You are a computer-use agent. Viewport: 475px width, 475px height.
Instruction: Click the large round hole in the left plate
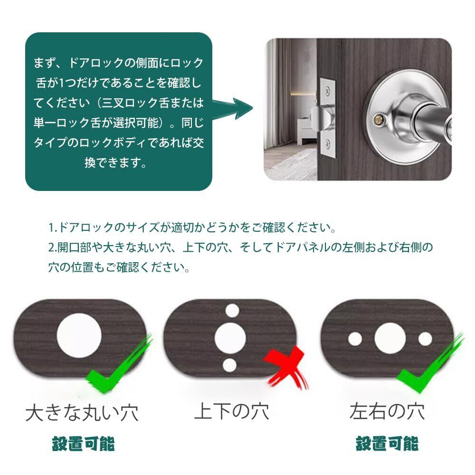point(79,336)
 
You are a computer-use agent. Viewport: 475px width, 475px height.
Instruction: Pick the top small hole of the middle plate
point(232,311)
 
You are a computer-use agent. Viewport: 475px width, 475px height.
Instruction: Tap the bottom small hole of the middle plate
point(229,365)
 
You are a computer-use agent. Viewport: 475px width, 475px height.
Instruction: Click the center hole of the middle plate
point(230,338)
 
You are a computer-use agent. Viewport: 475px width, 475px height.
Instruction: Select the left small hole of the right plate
point(355,339)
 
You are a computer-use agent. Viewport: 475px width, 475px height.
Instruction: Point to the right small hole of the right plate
point(425,339)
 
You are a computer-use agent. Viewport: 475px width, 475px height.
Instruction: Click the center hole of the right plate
point(390,338)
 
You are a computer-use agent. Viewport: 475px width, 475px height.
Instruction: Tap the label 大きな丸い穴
point(82,412)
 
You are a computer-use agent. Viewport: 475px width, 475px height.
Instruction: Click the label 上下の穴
point(232,411)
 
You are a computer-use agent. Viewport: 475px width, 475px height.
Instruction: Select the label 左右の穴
point(388,411)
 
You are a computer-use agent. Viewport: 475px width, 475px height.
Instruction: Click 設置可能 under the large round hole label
point(83,444)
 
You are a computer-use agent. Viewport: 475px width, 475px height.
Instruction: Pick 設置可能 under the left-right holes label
point(388,444)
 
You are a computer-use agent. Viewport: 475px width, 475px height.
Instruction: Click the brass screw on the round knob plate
point(379,119)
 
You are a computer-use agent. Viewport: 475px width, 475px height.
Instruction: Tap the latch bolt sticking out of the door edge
point(317,119)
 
